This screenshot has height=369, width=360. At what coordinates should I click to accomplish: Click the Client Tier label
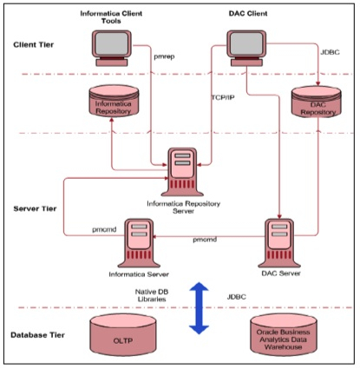pyautogui.click(x=36, y=44)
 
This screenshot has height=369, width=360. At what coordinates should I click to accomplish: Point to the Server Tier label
pyautogui.click(x=37, y=209)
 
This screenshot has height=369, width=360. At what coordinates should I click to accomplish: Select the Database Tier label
pyautogui.click(x=42, y=333)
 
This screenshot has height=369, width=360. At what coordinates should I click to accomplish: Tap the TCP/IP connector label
pyautogui.click(x=225, y=97)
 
